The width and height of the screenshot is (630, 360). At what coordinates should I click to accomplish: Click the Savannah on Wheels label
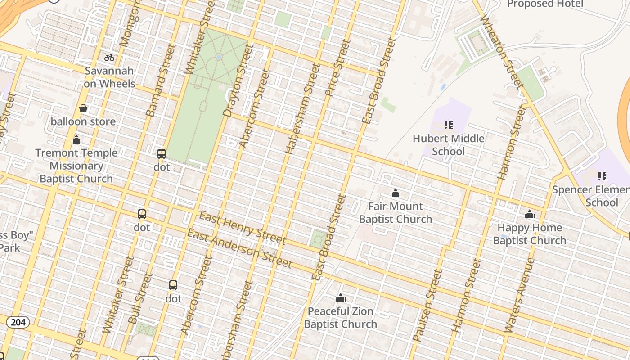(x=109, y=77)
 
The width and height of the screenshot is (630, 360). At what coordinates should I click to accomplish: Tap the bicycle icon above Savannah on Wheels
(x=109, y=58)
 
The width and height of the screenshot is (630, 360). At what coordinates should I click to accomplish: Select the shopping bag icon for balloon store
(x=83, y=108)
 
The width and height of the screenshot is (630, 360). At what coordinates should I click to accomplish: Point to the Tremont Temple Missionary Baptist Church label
(x=76, y=166)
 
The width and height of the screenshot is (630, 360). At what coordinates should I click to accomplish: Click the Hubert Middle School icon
(x=448, y=125)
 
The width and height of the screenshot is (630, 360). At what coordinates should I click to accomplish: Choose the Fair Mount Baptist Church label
(x=396, y=213)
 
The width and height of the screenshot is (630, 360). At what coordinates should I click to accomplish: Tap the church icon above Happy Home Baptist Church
(x=530, y=214)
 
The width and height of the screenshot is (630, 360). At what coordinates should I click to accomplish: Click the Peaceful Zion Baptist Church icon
(x=341, y=298)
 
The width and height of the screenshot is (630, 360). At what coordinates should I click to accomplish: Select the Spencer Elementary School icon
(x=602, y=176)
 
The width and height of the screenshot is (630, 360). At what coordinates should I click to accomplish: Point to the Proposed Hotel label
(x=545, y=4)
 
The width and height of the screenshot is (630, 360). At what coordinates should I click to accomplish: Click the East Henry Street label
(x=242, y=227)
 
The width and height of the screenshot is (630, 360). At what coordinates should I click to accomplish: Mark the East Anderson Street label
(x=239, y=248)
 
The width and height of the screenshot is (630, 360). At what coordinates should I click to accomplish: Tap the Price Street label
(x=337, y=68)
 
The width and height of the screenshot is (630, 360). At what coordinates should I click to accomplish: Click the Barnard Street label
(x=160, y=81)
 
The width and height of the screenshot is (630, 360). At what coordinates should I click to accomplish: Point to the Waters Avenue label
(x=519, y=295)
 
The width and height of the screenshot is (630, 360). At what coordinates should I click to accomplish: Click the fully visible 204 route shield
(x=18, y=322)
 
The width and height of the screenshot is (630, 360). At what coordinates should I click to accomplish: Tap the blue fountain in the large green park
(x=219, y=57)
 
